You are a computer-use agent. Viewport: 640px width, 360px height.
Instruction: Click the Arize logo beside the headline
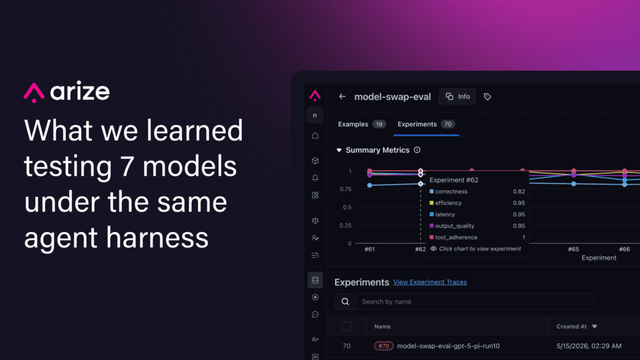(x=66, y=92)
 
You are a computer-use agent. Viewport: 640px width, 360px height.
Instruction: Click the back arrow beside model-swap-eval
(x=342, y=97)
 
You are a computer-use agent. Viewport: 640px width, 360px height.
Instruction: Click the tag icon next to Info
(x=487, y=97)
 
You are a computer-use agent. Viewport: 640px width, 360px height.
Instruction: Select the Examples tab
(x=362, y=124)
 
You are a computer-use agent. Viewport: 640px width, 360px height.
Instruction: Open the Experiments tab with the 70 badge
(x=426, y=124)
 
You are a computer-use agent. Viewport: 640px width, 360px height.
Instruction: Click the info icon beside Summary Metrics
(x=417, y=150)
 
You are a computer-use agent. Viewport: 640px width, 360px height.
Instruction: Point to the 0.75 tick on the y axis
(x=345, y=189)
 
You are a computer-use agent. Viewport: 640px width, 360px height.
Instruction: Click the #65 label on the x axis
(x=574, y=249)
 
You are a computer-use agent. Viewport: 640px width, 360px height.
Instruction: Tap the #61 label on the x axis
(x=369, y=249)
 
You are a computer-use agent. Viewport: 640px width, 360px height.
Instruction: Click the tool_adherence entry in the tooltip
(x=456, y=237)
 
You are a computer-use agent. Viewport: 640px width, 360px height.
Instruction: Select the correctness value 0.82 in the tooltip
(x=519, y=191)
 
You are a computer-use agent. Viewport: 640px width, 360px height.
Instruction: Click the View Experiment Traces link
(x=430, y=282)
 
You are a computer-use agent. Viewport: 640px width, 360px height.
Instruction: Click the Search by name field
(x=474, y=302)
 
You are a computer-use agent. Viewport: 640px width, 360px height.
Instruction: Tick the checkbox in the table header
(x=346, y=326)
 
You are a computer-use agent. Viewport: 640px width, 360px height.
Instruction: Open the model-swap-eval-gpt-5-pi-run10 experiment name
(x=448, y=346)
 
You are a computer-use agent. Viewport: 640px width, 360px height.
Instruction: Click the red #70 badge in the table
(x=384, y=346)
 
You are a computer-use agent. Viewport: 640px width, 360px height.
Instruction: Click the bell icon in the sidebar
(x=315, y=178)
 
